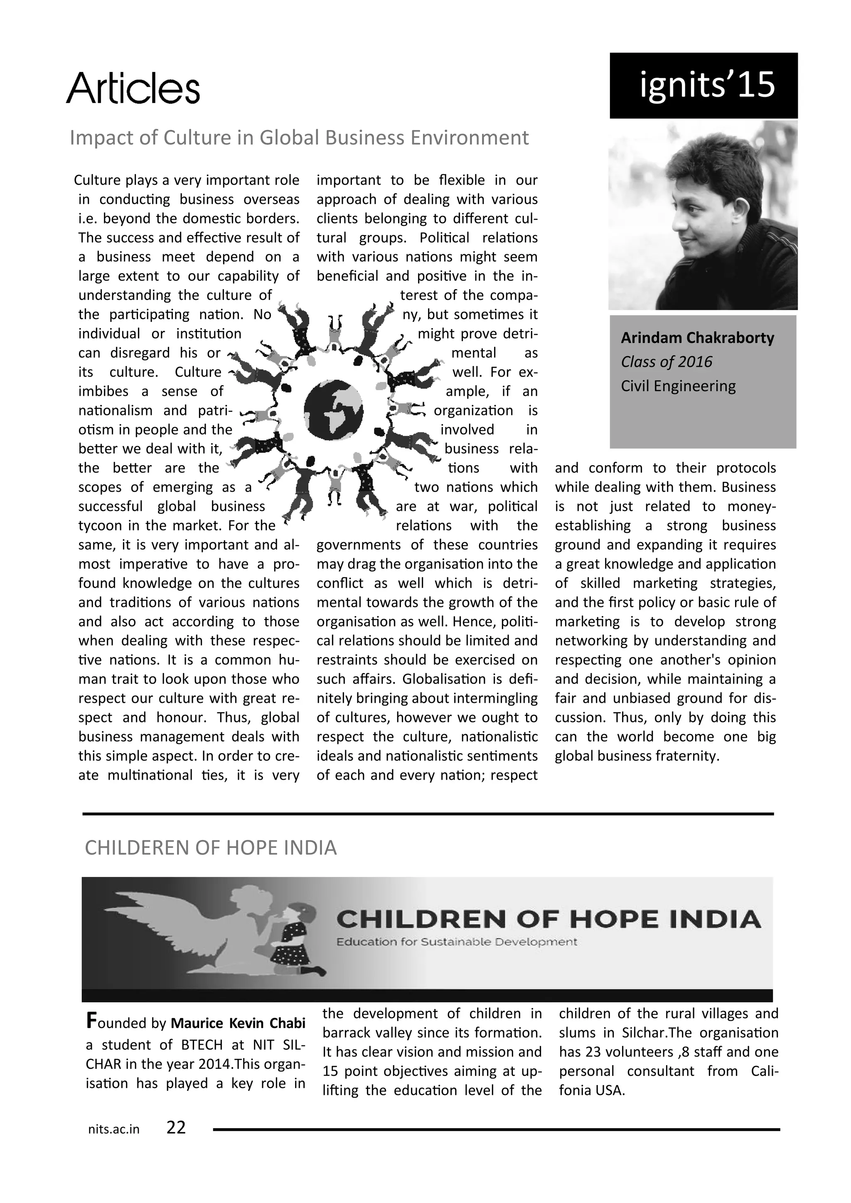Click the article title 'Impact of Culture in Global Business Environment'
pyautogui.click(x=299, y=138)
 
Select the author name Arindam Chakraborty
pyautogui.click(x=697, y=338)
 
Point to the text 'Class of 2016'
pyautogui.click(x=666, y=362)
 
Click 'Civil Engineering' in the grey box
pyautogui.click(x=678, y=386)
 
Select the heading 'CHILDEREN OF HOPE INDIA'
pyautogui.click(x=211, y=848)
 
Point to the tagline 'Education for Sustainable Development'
pyautogui.click(x=456, y=942)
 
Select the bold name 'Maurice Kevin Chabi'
pyautogui.click(x=238, y=1023)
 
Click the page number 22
pyautogui.click(x=176, y=1127)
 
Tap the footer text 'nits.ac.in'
pyautogui.click(x=114, y=1129)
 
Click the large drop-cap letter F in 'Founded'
pyautogui.click(x=91, y=1021)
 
